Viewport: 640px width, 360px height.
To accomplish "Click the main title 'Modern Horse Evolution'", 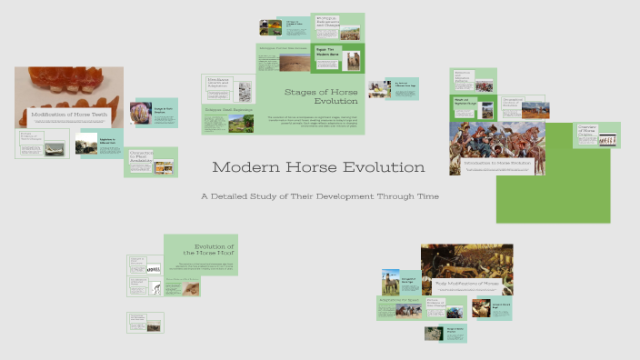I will click(x=318, y=167).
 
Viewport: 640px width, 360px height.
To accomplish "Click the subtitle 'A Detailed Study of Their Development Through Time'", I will click(x=320, y=195).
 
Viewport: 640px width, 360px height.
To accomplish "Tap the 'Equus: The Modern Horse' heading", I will click(x=326, y=53).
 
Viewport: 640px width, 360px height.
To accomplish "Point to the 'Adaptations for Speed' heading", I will click(x=398, y=298).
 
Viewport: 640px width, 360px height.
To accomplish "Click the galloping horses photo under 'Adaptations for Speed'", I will click(x=406, y=311).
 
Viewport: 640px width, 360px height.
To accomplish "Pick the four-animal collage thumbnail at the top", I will click(x=270, y=27).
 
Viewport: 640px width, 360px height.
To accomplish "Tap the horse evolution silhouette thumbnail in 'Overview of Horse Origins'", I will click(x=611, y=140).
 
